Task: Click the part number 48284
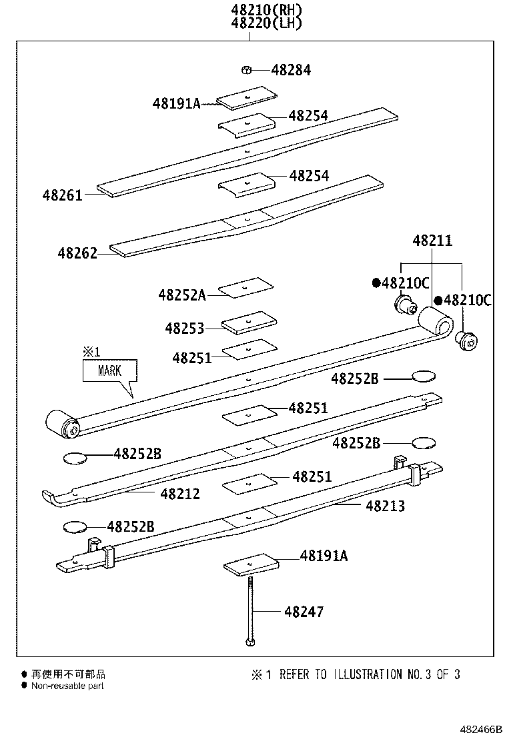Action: click(292, 70)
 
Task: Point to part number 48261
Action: click(62, 195)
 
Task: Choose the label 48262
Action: click(77, 253)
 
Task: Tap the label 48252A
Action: click(181, 294)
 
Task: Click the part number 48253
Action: click(185, 328)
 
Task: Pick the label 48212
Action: click(180, 494)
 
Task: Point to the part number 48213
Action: click(385, 506)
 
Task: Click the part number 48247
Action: click(304, 611)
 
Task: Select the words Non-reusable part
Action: click(67, 686)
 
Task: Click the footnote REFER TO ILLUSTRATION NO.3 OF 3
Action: click(370, 674)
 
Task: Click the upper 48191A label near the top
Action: click(176, 103)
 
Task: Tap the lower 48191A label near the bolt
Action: click(324, 556)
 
